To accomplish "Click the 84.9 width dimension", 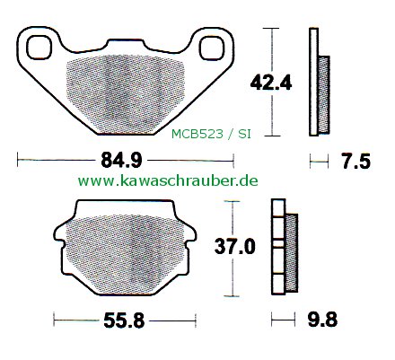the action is pos(121,161).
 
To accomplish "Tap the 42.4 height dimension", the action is pos(271,83).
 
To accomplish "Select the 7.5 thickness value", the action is pos(355,162).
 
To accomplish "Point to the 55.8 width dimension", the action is pos(124,320).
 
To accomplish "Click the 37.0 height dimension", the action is pos(235,247).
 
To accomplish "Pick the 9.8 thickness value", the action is pos(322,320).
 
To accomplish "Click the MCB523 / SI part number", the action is pos(211,135).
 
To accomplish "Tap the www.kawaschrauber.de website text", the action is pos(168,180).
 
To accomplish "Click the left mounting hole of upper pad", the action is pos(39,48).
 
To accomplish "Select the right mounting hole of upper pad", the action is pos(212,48).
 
